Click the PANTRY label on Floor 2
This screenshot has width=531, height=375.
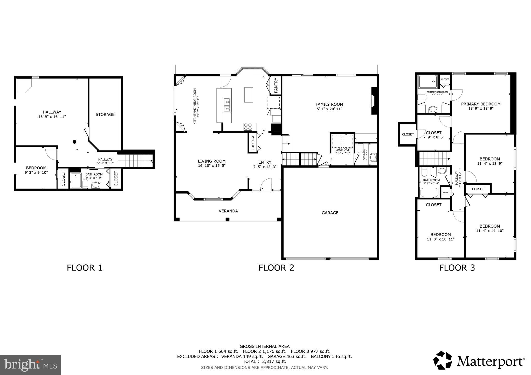(276, 85)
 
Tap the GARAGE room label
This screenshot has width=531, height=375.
(330, 213)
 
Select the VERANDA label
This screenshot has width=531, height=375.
(228, 211)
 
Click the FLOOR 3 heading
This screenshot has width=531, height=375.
(457, 268)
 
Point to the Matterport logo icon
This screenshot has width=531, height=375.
(443, 360)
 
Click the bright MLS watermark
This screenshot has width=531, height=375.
(30, 365)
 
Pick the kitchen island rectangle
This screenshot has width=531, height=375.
(249, 95)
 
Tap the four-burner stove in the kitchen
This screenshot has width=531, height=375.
(248, 127)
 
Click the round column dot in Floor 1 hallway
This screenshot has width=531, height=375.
(74, 142)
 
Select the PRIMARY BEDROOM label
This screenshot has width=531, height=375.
(481, 104)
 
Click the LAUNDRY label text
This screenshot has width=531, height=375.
(342, 150)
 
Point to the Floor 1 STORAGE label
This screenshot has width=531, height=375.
(105, 114)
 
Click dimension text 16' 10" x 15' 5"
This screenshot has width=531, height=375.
(212, 166)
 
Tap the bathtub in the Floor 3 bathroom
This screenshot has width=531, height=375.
(429, 192)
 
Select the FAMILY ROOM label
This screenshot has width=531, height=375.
(329, 104)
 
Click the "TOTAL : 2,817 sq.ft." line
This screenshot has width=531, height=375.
(264, 361)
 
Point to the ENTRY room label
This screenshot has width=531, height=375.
(265, 162)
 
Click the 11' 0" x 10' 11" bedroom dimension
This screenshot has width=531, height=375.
(441, 239)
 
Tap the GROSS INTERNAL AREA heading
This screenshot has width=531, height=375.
(264, 346)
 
